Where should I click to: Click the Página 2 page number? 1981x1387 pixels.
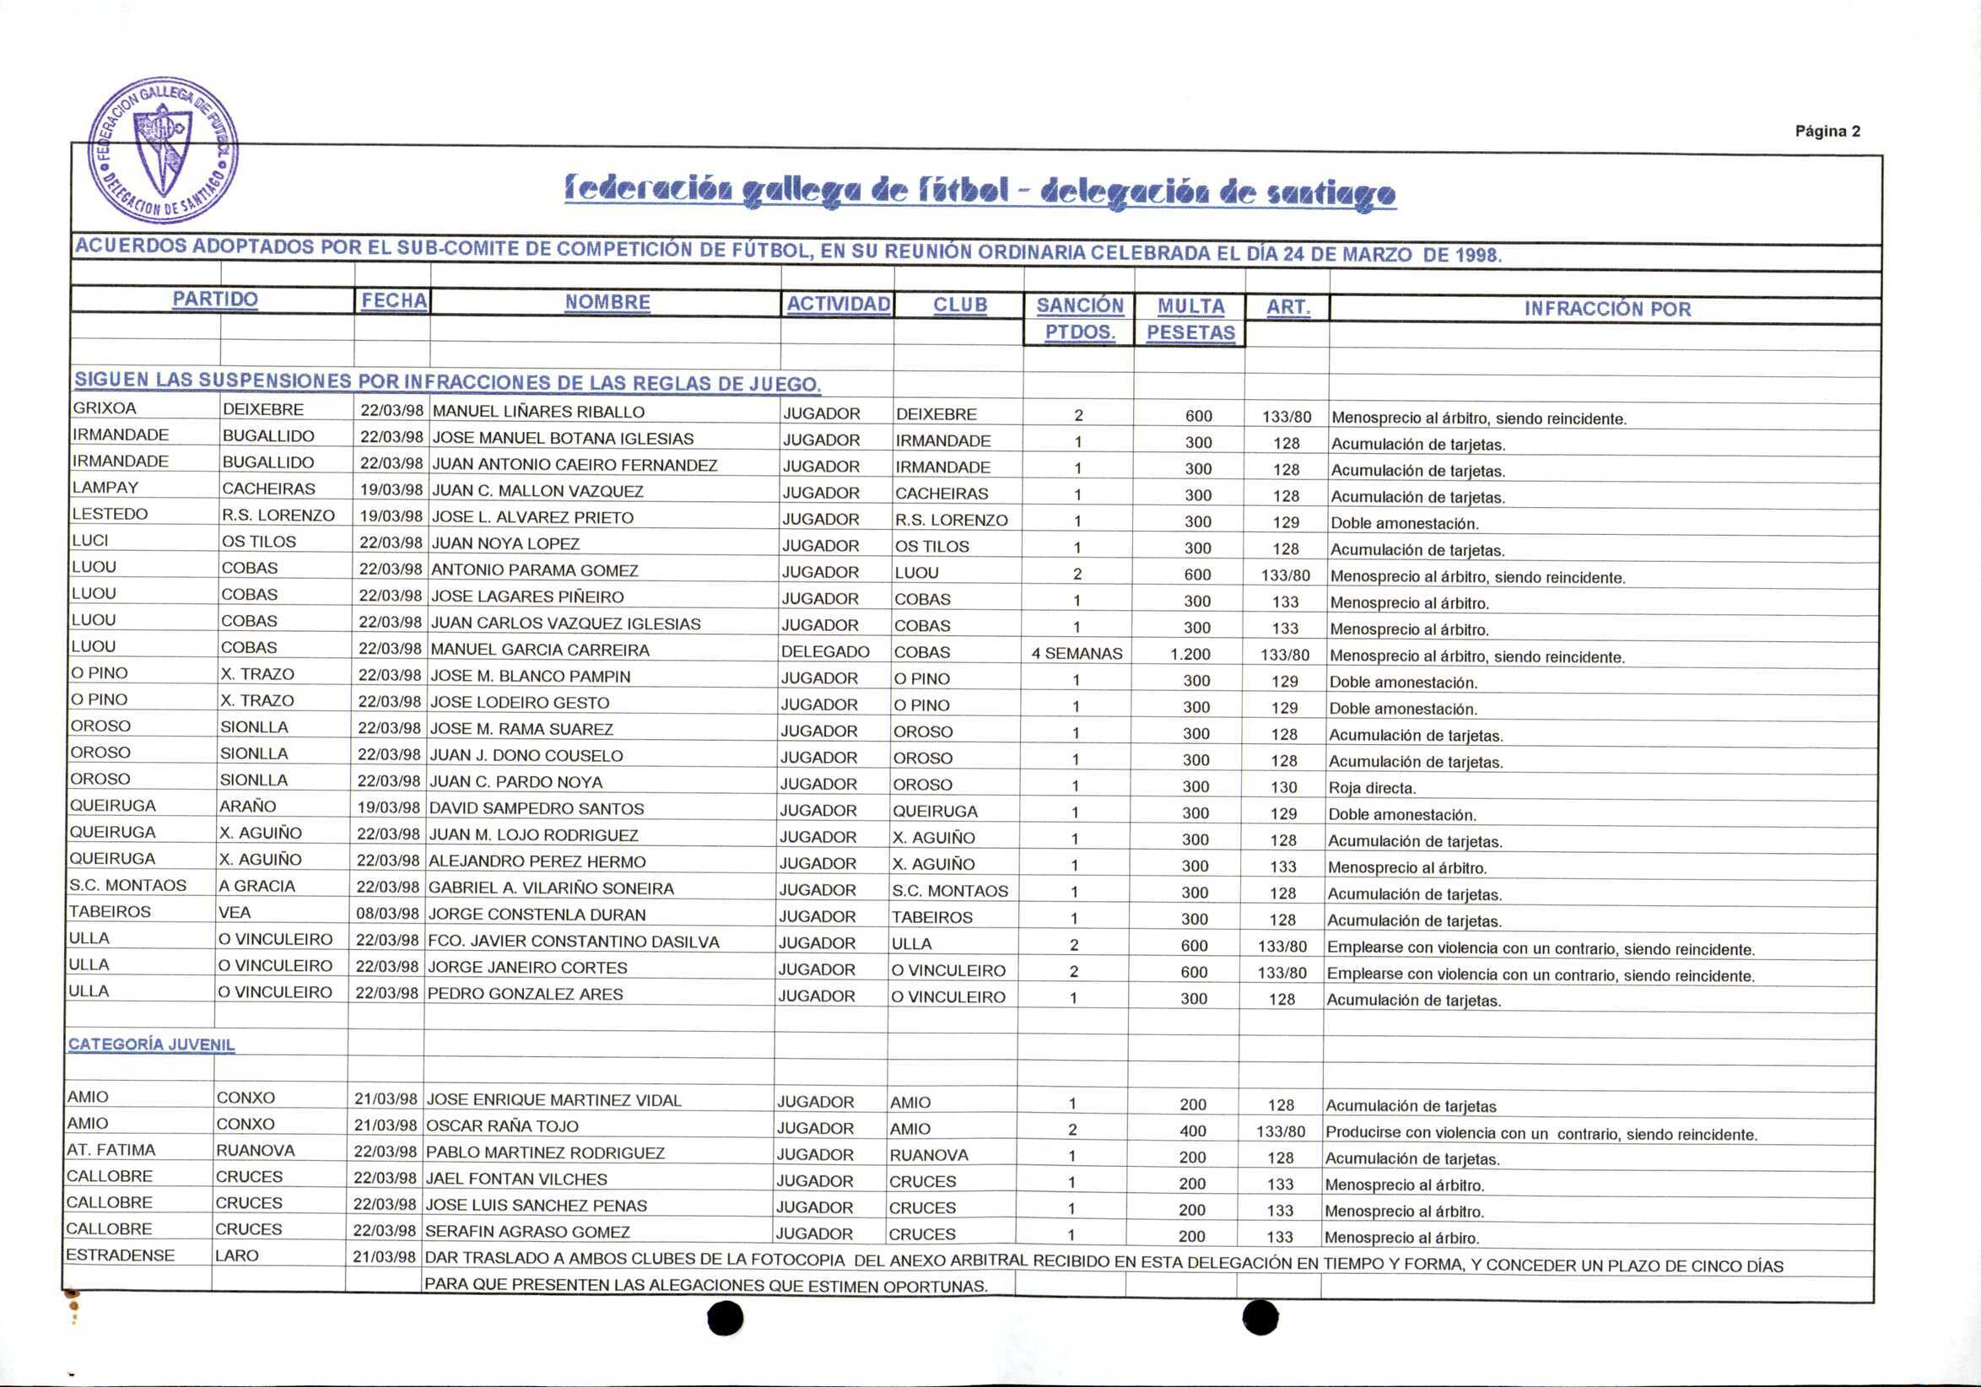click(1827, 131)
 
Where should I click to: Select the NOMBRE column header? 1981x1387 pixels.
click(607, 302)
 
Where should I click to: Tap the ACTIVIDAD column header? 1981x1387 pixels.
click(838, 304)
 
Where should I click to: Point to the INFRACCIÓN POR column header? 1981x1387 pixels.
click(1606, 309)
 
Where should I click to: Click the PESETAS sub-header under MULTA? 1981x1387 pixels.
click(1190, 333)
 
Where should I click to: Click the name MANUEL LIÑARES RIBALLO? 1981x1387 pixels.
click(538, 412)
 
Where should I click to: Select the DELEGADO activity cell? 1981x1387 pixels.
click(825, 652)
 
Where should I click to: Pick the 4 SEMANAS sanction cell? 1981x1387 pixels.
click(1077, 654)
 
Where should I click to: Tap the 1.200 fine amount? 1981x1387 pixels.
click(1190, 654)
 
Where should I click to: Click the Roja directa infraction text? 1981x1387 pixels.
click(1372, 788)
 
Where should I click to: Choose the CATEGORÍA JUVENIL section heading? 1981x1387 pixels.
click(151, 1044)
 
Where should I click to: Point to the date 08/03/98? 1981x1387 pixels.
click(387, 914)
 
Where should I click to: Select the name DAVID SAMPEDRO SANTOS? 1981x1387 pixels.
click(536, 809)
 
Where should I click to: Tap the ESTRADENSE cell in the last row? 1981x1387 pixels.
click(120, 1256)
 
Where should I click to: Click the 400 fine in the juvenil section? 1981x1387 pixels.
click(1192, 1131)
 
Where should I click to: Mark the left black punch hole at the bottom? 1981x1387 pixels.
click(725, 1318)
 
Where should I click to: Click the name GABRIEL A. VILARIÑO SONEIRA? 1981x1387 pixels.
click(550, 888)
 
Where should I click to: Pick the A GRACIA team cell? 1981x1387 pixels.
click(256, 886)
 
